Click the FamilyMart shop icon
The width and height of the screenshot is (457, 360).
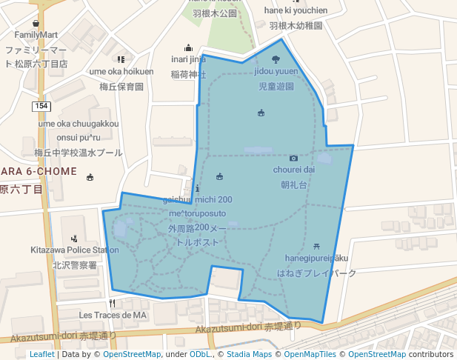(x=36, y=23)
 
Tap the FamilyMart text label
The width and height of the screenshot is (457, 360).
(x=36, y=35)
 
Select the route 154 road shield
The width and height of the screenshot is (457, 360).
(x=41, y=107)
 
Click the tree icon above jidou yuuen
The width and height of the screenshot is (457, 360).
(x=276, y=59)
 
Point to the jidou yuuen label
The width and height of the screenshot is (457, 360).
(x=276, y=72)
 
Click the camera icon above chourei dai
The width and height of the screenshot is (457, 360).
(x=294, y=158)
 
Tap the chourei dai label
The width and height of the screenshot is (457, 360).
(x=294, y=170)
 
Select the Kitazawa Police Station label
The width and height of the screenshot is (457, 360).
(x=75, y=250)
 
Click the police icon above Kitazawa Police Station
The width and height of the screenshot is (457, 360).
(x=73, y=239)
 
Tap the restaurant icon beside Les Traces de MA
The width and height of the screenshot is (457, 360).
(x=113, y=303)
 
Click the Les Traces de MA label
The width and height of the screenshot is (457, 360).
(x=113, y=315)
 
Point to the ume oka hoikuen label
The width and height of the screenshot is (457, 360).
(x=121, y=71)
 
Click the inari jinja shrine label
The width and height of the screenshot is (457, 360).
(x=188, y=59)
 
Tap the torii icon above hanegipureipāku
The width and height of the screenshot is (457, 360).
(x=316, y=246)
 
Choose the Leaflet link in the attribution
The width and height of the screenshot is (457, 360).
(x=41, y=355)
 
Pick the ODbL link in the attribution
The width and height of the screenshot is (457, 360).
(x=201, y=355)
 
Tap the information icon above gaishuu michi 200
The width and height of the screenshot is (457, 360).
(x=196, y=188)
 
